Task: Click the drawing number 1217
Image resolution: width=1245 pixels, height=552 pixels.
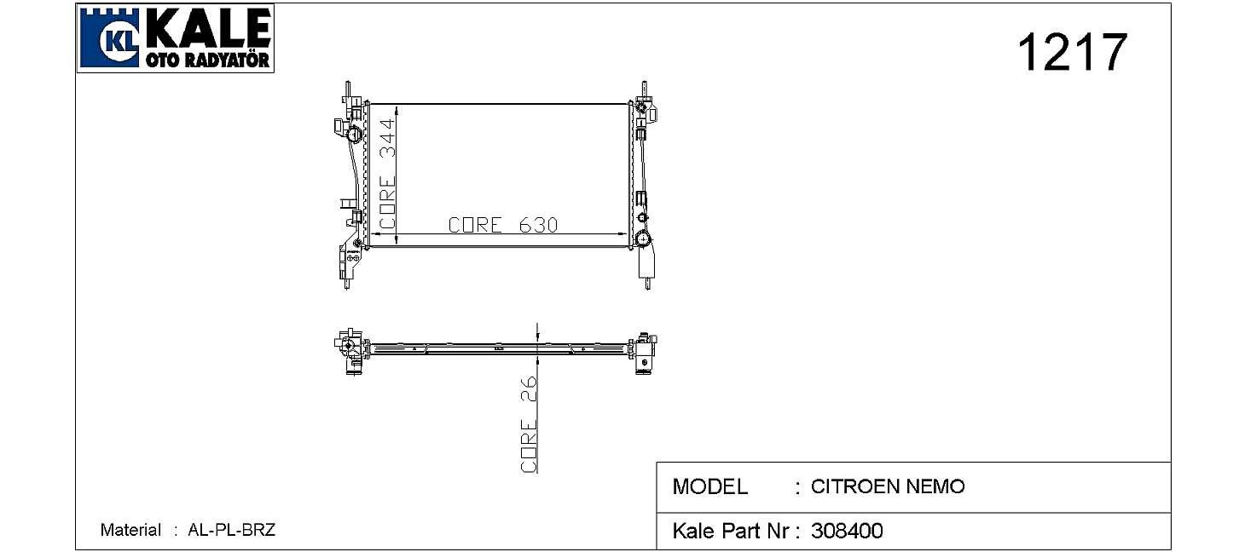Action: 1072,52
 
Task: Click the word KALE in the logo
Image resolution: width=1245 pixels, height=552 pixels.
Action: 209,28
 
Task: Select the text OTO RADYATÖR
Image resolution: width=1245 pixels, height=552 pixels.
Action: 208,60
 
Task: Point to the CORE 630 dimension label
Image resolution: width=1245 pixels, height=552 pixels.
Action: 502,225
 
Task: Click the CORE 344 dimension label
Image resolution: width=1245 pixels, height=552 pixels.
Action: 387,173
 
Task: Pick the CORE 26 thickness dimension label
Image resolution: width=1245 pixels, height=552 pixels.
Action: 529,424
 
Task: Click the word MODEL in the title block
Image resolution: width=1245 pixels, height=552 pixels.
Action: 709,486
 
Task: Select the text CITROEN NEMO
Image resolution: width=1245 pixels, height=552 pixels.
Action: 888,486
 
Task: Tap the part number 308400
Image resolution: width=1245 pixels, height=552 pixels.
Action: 847,531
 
